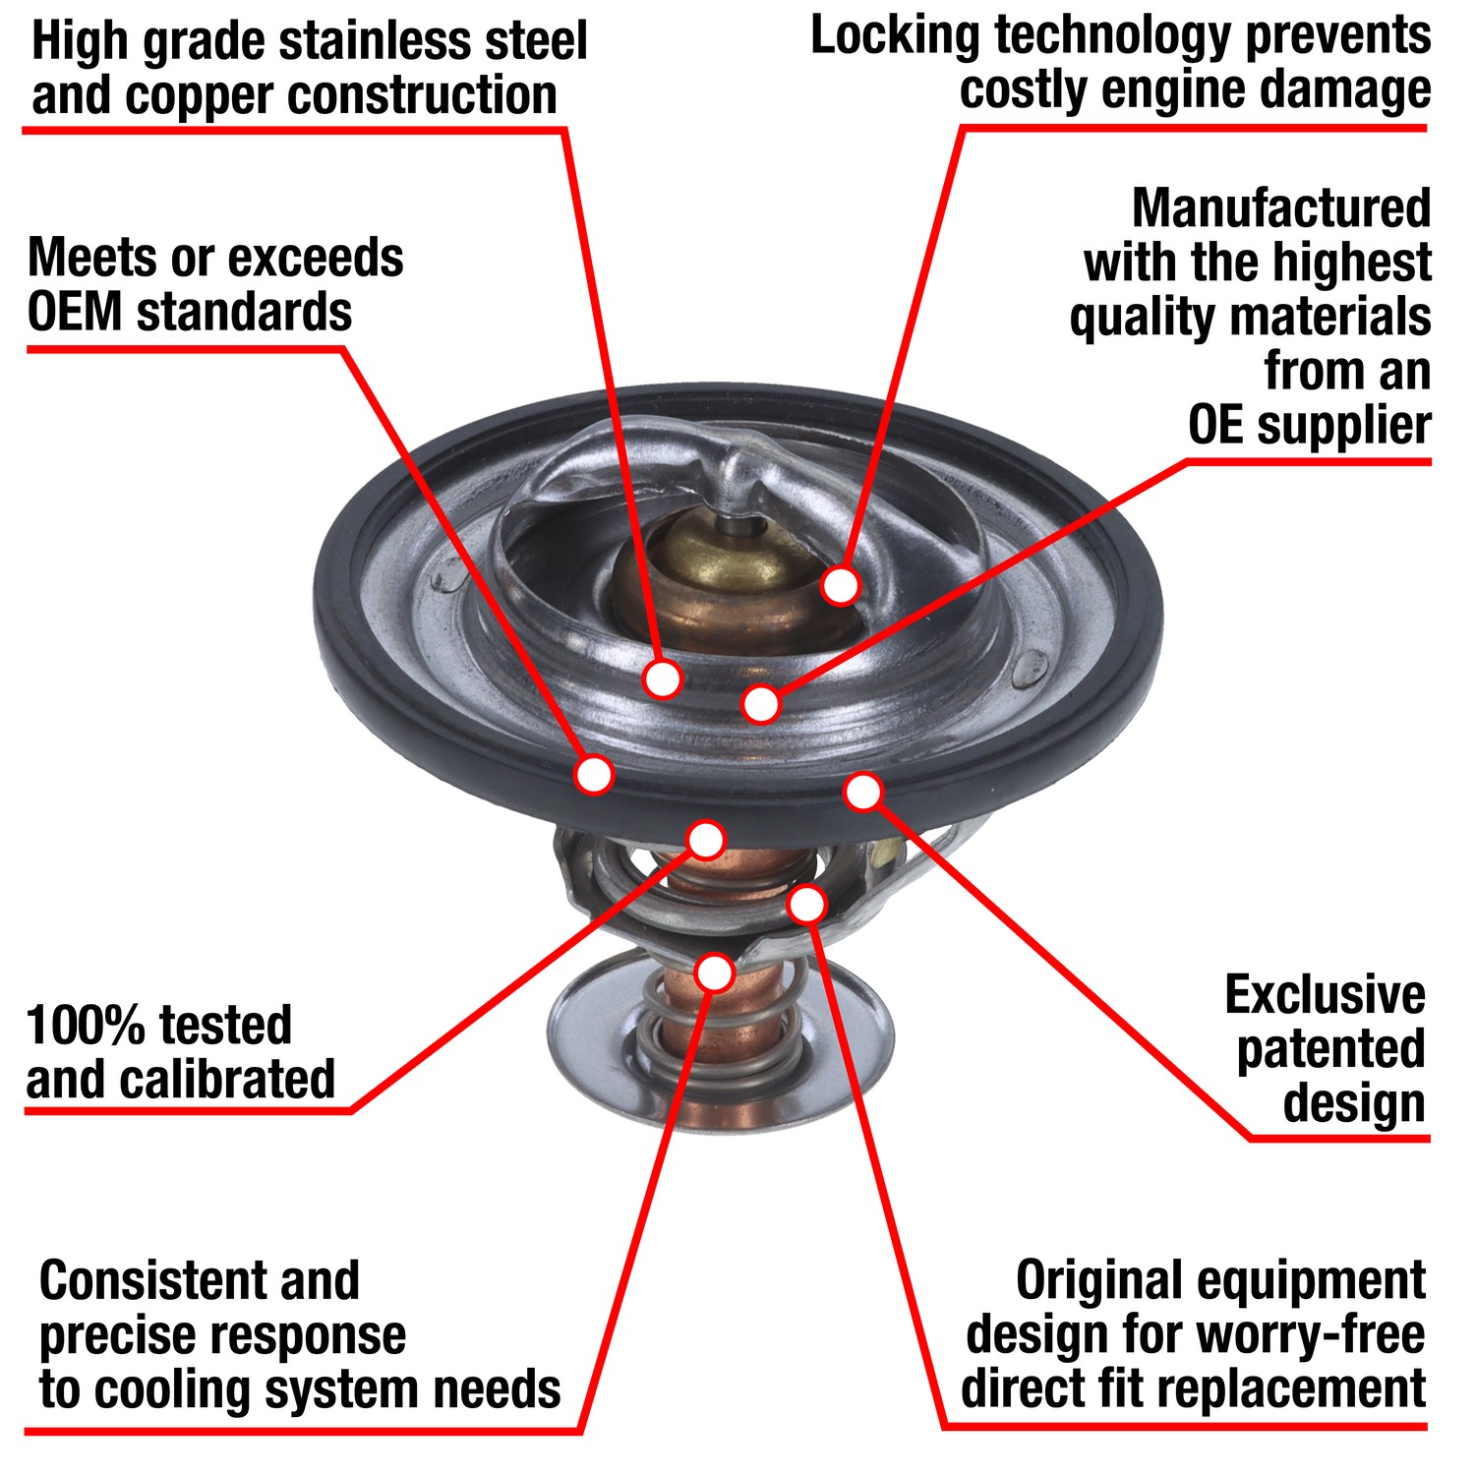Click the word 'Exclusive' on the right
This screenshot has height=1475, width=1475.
pos(1325,995)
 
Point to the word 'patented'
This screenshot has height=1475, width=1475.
pos(1330,1049)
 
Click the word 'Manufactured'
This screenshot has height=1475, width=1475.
pos(1280,208)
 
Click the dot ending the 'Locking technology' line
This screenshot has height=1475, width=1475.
pos(841,585)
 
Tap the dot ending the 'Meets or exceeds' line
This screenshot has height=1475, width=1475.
pos(594,775)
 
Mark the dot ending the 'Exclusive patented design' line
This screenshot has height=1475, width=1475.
pos(863,792)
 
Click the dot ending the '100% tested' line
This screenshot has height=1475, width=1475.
pos(706,840)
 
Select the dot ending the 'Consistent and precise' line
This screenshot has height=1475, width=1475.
pos(715,973)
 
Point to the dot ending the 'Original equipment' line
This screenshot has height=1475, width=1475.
pos(806,904)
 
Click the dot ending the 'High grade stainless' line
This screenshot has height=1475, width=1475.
pos(663,678)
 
